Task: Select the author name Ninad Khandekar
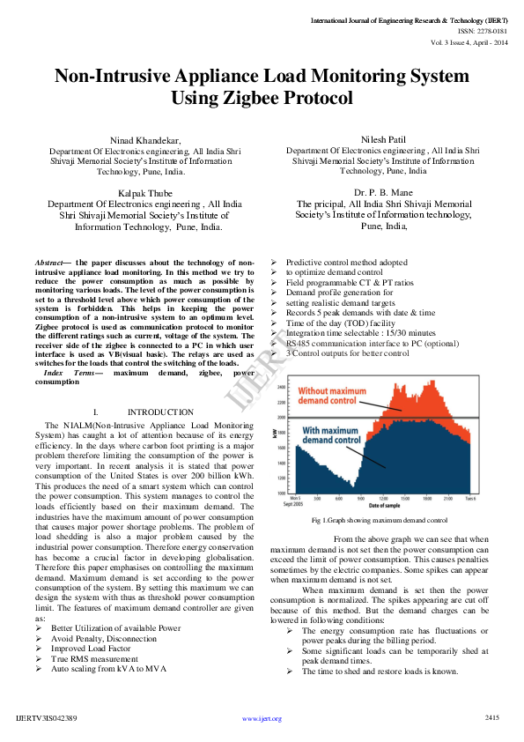coord(144,141)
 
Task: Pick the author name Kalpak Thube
coord(144,192)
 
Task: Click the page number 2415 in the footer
coord(493,717)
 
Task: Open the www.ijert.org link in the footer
coord(262,718)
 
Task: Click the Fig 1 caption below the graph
coord(380,521)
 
